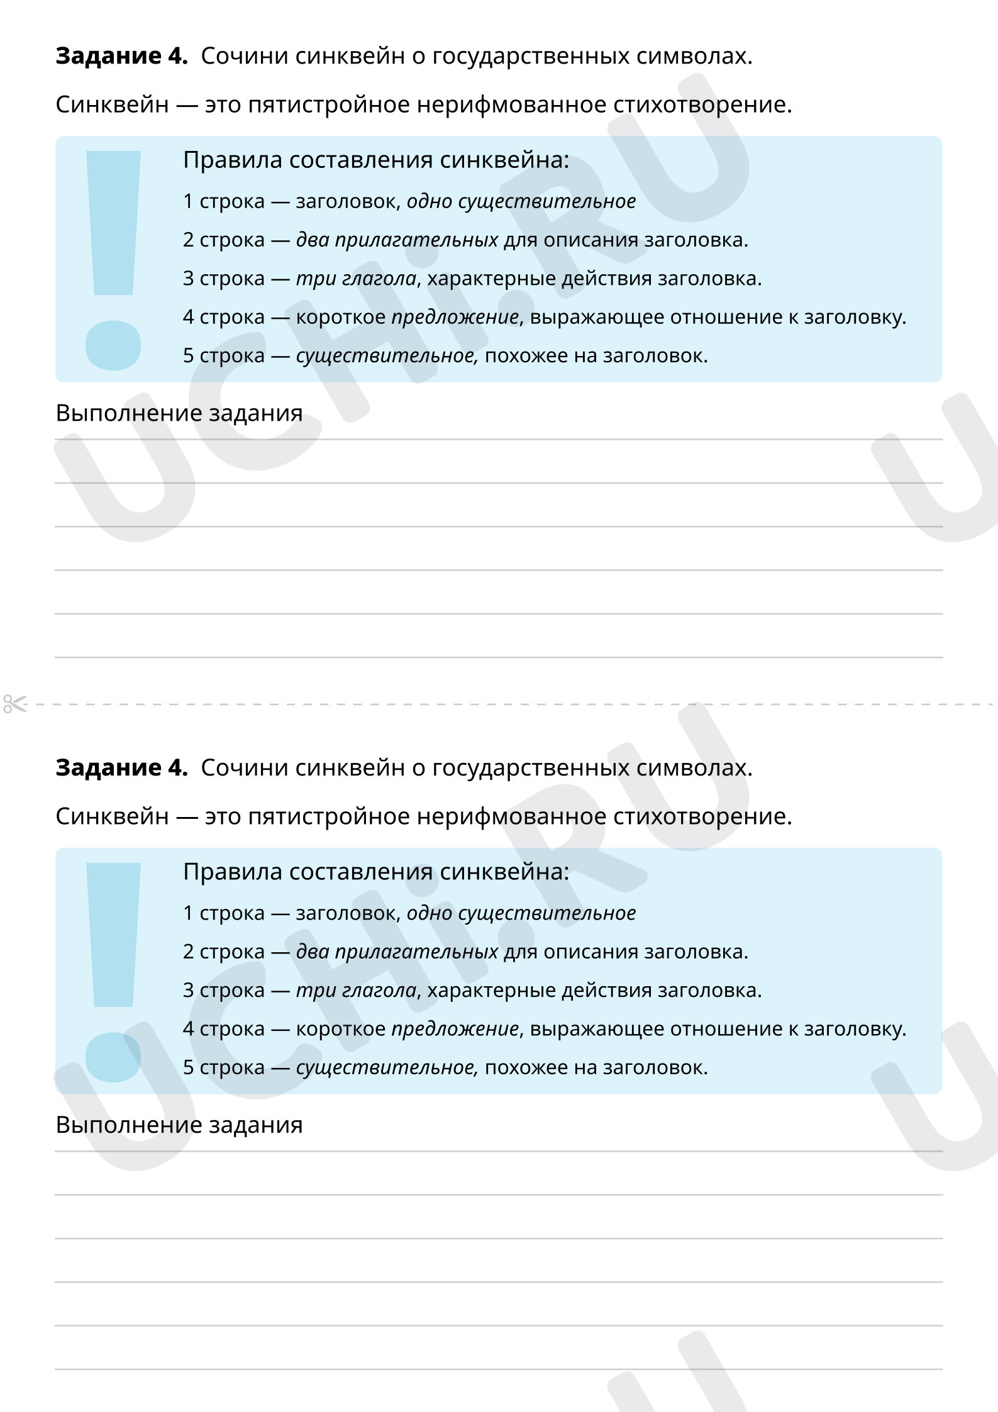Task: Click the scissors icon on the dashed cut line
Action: pos(15,704)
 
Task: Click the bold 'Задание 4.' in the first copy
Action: pos(121,56)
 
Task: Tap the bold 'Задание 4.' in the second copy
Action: pos(121,768)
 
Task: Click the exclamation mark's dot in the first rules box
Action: pos(113,345)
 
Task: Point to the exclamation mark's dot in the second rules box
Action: pos(113,1057)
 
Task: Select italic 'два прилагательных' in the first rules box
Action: pos(397,240)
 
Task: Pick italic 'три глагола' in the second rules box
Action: pos(356,991)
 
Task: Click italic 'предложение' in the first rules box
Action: pos(455,317)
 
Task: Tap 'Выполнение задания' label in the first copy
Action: pos(179,413)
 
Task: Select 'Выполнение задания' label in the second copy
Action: pos(179,1125)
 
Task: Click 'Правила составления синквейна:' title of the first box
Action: pos(376,160)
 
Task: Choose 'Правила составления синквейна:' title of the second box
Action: pos(376,872)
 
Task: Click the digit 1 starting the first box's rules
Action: pos(188,201)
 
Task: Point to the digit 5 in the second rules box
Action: pos(188,1068)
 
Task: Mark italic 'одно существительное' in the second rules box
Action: pos(521,913)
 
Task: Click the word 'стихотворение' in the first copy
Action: pos(702,105)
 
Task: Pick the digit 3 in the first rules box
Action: pos(188,279)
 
